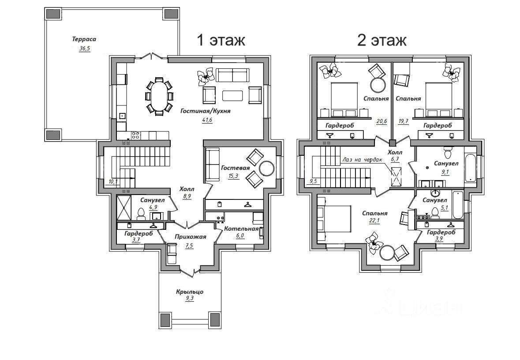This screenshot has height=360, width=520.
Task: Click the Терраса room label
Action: [x=84, y=39]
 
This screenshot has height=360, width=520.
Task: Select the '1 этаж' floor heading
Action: [x=221, y=40]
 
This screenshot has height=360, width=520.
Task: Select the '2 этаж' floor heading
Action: [x=382, y=40]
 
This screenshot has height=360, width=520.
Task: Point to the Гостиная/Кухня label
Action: [x=205, y=111]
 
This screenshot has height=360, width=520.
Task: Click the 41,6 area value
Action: [x=207, y=120]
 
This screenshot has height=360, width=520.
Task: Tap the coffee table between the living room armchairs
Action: [x=232, y=96]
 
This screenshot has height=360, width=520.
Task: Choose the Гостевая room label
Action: [x=236, y=168]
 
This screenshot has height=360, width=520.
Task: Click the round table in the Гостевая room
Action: [x=267, y=169]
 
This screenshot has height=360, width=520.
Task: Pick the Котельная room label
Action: [x=241, y=229]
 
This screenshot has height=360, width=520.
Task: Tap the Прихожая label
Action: [x=191, y=236]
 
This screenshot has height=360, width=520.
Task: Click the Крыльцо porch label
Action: [x=190, y=292]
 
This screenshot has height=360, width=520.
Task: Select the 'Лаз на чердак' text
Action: [x=363, y=160]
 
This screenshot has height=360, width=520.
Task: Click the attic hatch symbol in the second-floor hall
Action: [x=397, y=176]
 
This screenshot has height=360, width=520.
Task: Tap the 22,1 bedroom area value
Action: [x=374, y=221]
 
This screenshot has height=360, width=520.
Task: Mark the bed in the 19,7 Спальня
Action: [x=438, y=98]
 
